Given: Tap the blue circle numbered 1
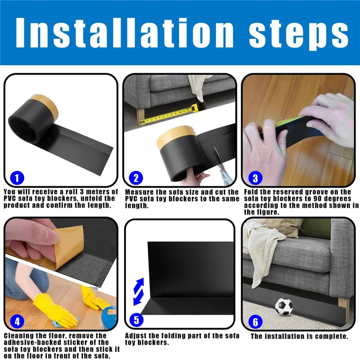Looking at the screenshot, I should (x=17, y=178).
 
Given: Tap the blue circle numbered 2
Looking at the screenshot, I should (x=136, y=179).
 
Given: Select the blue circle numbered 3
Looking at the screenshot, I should (x=255, y=178).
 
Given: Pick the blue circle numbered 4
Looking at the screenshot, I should (x=17, y=321).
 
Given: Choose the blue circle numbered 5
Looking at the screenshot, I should (x=136, y=321).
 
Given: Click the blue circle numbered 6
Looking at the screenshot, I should (x=255, y=322).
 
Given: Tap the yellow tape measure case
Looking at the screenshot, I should (x=197, y=108).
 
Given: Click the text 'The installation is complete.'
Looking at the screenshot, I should (x=299, y=336).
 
